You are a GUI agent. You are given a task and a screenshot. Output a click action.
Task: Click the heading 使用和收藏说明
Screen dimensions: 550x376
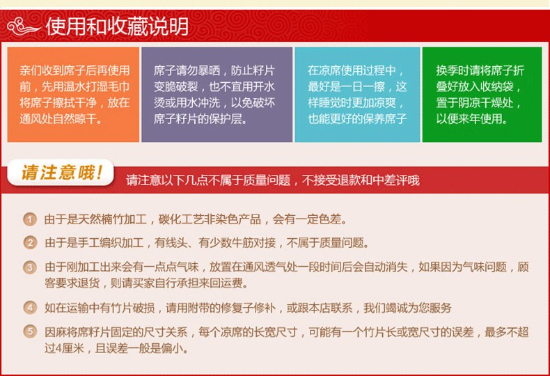(x=117, y=26)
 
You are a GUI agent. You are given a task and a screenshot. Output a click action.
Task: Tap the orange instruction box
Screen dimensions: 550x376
(x=73, y=95)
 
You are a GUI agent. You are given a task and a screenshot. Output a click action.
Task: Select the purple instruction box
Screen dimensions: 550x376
(x=217, y=95)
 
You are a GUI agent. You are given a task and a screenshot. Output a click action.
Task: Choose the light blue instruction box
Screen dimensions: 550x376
(x=357, y=95)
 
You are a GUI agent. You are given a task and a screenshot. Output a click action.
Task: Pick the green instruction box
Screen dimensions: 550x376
(x=482, y=95)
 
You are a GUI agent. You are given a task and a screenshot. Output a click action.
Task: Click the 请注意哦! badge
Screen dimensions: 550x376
(x=61, y=173)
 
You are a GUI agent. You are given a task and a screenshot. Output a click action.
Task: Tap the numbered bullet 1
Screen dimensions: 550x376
(x=30, y=219)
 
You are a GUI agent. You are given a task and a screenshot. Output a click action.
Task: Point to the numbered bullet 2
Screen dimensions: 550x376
(x=30, y=243)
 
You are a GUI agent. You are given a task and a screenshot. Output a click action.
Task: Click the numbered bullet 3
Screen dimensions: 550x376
(x=30, y=267)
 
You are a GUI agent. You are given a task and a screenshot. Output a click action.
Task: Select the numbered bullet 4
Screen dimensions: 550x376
(x=30, y=308)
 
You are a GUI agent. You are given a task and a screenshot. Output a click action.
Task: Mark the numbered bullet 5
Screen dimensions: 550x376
(x=30, y=332)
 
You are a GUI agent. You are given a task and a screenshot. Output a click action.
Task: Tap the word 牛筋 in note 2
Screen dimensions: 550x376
(x=242, y=243)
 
